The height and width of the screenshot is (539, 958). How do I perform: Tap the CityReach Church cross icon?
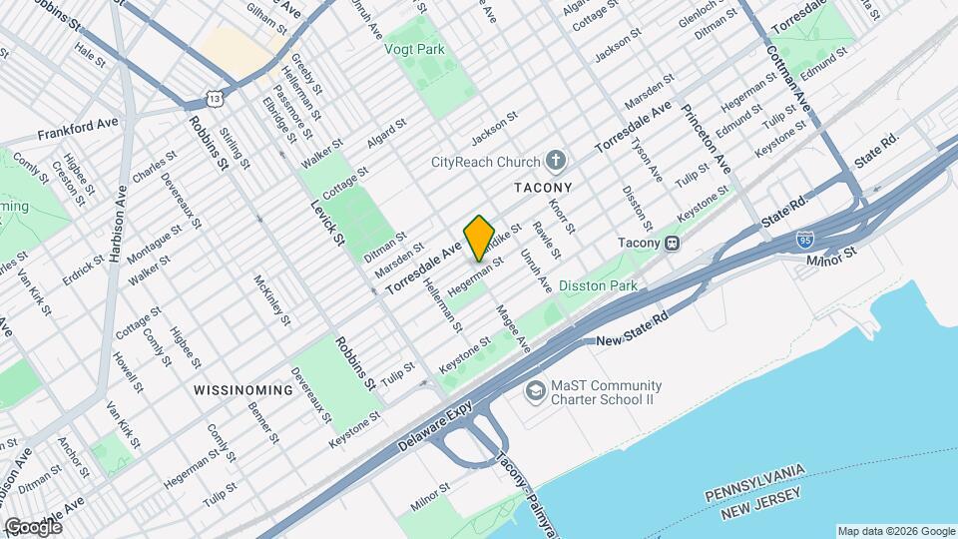click(557, 161)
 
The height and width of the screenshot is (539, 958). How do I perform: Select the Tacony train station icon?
click(674, 243)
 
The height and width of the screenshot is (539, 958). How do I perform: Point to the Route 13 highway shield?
click(215, 97)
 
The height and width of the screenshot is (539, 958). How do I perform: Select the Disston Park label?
click(598, 285)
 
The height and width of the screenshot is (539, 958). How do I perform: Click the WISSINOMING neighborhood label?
click(243, 389)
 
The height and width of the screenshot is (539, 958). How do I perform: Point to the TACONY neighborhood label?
click(543, 187)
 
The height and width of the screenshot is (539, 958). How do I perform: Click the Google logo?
click(32, 526)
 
